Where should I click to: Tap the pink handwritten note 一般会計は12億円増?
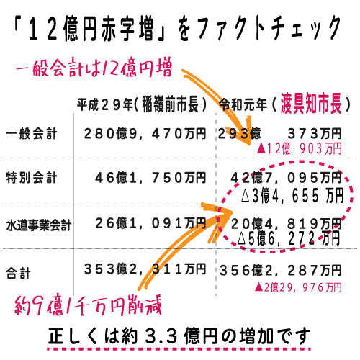pos(94,68)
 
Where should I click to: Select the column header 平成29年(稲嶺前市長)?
pos(142,104)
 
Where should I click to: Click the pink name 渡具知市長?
pos(311,104)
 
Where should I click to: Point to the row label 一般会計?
pos(32,134)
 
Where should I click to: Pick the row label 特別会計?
pos(32,178)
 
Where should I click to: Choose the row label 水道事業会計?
pos(39,225)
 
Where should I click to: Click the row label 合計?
pos(18,273)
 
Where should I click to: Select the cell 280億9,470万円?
pos(145,134)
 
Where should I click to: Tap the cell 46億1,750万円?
pos(150,178)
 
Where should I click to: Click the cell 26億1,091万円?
pos(150,223)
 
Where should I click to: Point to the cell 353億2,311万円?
pos(145,269)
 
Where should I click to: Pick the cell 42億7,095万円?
pos(286,178)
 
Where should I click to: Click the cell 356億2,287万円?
pos(281,270)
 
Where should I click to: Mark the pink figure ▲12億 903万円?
pos(299,148)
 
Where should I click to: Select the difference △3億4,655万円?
pos(292,195)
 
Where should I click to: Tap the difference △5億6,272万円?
pos(289,238)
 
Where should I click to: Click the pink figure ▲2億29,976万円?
pos(298,287)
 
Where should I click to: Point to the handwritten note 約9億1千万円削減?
pos(88,305)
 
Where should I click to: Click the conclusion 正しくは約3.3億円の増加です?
pos(179,336)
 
